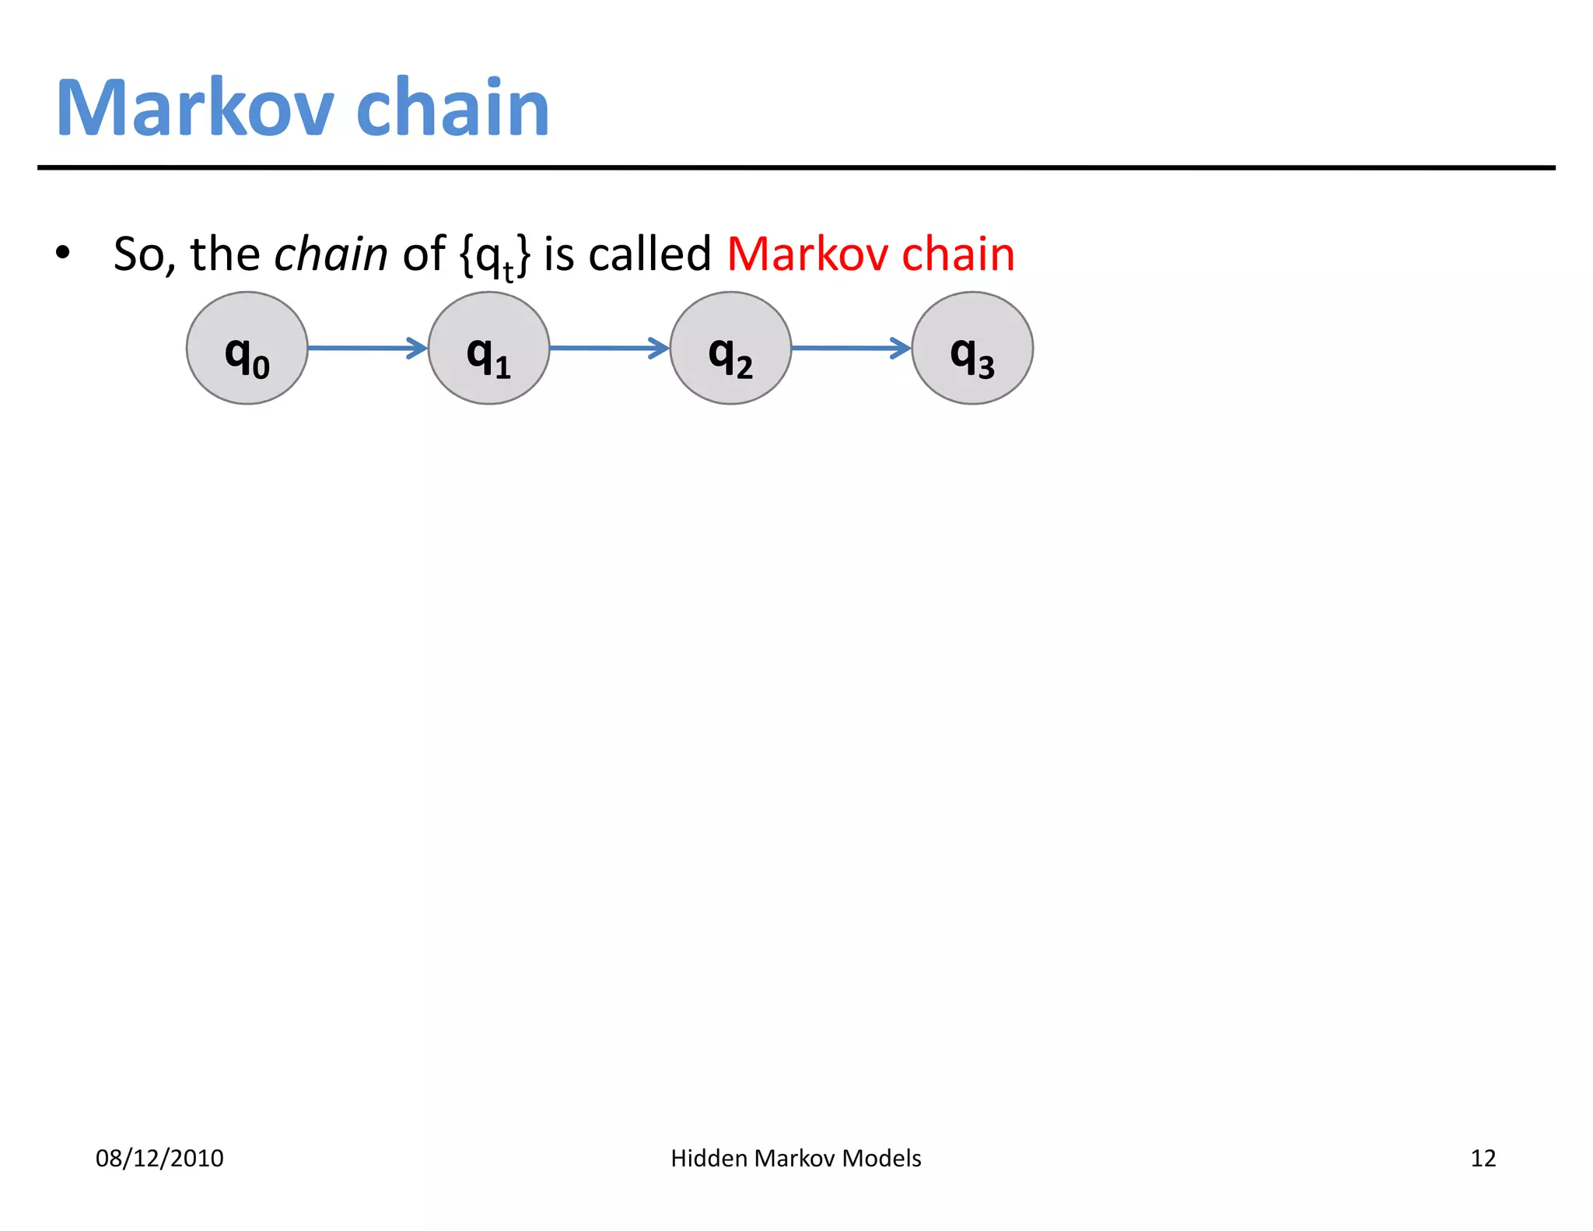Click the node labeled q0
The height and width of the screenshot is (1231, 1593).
[247, 348]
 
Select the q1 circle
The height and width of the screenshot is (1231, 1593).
[489, 348]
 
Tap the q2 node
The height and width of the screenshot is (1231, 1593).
[731, 348]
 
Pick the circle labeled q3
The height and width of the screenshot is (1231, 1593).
[972, 348]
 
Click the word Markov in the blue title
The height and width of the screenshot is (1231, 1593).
[195, 108]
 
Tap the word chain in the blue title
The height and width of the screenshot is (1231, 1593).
[453, 108]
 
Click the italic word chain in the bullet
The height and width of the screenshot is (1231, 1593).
[331, 254]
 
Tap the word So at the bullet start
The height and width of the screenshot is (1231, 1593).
[138, 254]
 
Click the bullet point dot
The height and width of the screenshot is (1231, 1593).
[63, 253]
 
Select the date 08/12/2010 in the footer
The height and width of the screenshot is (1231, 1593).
[159, 1158]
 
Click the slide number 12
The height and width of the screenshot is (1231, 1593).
[1483, 1158]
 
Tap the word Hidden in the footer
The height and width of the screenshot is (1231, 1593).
[709, 1158]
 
